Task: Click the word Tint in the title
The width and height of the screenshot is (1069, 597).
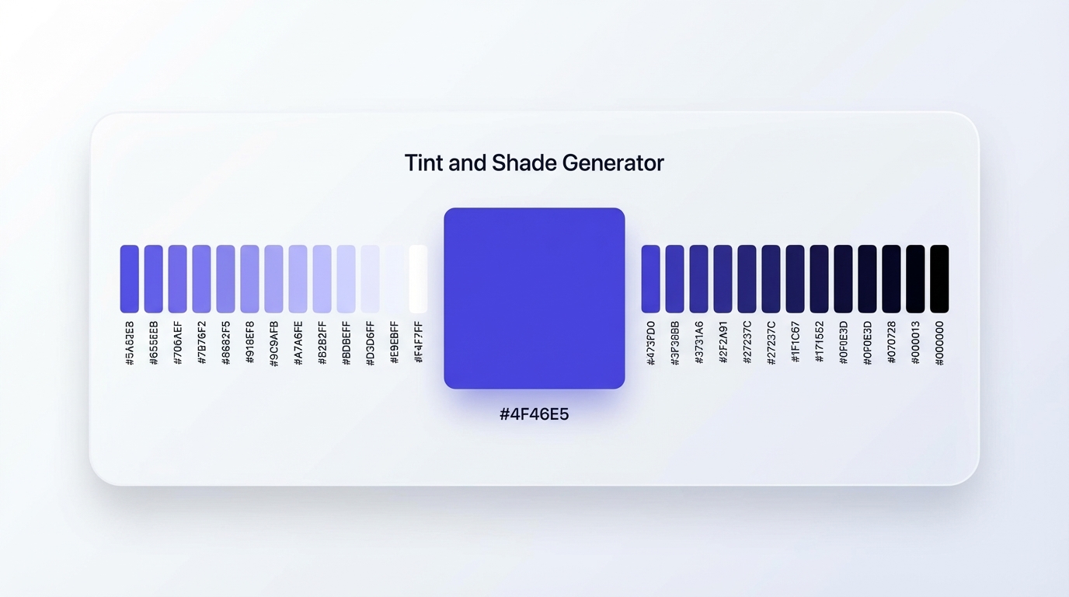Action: pos(423,163)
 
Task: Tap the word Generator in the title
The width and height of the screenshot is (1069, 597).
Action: pos(613,163)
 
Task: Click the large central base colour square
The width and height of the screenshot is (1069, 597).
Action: pos(534,298)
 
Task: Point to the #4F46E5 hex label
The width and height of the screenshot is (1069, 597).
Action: pos(534,414)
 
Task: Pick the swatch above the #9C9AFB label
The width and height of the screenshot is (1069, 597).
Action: pos(273,279)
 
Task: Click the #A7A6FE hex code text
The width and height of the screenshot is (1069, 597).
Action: pos(298,343)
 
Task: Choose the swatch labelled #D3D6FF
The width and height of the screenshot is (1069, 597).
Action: pos(370,279)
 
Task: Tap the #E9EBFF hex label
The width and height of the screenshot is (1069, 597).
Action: pos(395,343)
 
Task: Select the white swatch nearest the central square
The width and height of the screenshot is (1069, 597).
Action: pos(418,279)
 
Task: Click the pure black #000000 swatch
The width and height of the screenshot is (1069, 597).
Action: pos(939,279)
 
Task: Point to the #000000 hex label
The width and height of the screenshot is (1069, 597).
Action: pos(939,343)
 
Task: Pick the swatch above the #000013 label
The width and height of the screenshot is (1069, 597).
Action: pos(915,279)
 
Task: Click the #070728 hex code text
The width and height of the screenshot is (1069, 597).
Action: pos(891,343)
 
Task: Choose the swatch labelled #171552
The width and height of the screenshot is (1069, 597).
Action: pos(819,279)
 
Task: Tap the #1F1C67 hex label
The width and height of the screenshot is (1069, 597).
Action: pos(795,343)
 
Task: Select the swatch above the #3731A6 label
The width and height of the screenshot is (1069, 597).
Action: pos(698,279)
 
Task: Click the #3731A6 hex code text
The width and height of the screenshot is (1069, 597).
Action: pos(698,343)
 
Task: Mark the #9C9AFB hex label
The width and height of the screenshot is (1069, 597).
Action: pos(273,343)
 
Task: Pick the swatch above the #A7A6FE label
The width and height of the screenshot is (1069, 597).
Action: pos(298,279)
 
